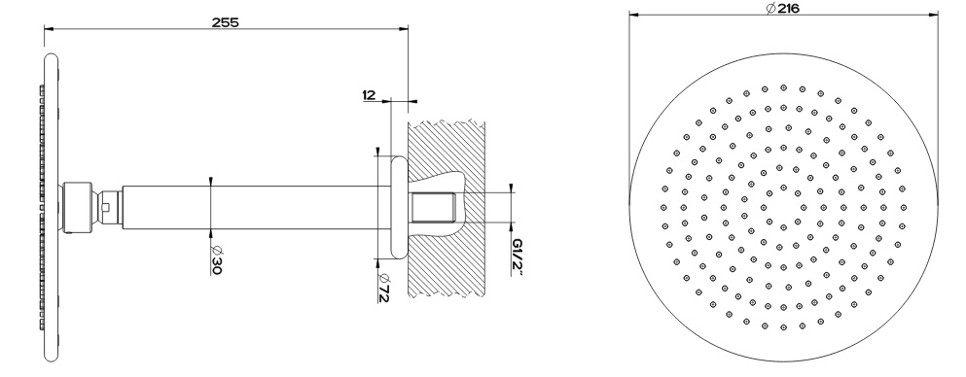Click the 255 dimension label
225,22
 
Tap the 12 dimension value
370,94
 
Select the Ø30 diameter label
215,259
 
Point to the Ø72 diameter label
383,287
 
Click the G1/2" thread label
517,257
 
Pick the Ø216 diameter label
782,8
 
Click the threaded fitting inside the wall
433,208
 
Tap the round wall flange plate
399,208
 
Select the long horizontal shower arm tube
249,208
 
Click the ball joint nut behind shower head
78,208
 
